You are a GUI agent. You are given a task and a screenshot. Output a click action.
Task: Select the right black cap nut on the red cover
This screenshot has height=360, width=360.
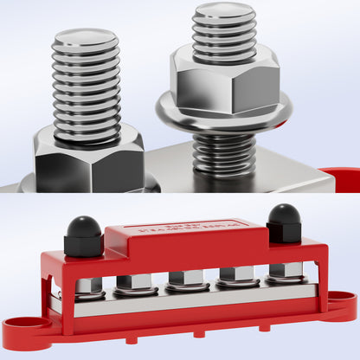coord(284,223)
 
